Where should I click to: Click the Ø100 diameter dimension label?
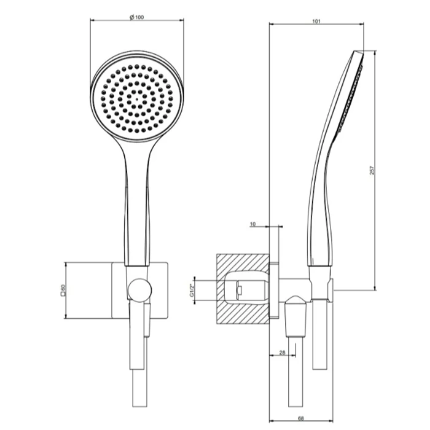tap(136, 17)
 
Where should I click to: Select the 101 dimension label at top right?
tap(316, 21)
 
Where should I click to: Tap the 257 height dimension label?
tap(372, 170)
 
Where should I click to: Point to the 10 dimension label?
tap(252, 224)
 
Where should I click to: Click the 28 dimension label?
tap(282, 353)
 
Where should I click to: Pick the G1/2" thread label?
tap(192, 291)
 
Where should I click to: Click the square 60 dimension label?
tap(63, 291)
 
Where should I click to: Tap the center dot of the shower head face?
tap(137, 98)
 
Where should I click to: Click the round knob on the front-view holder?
tap(139, 291)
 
